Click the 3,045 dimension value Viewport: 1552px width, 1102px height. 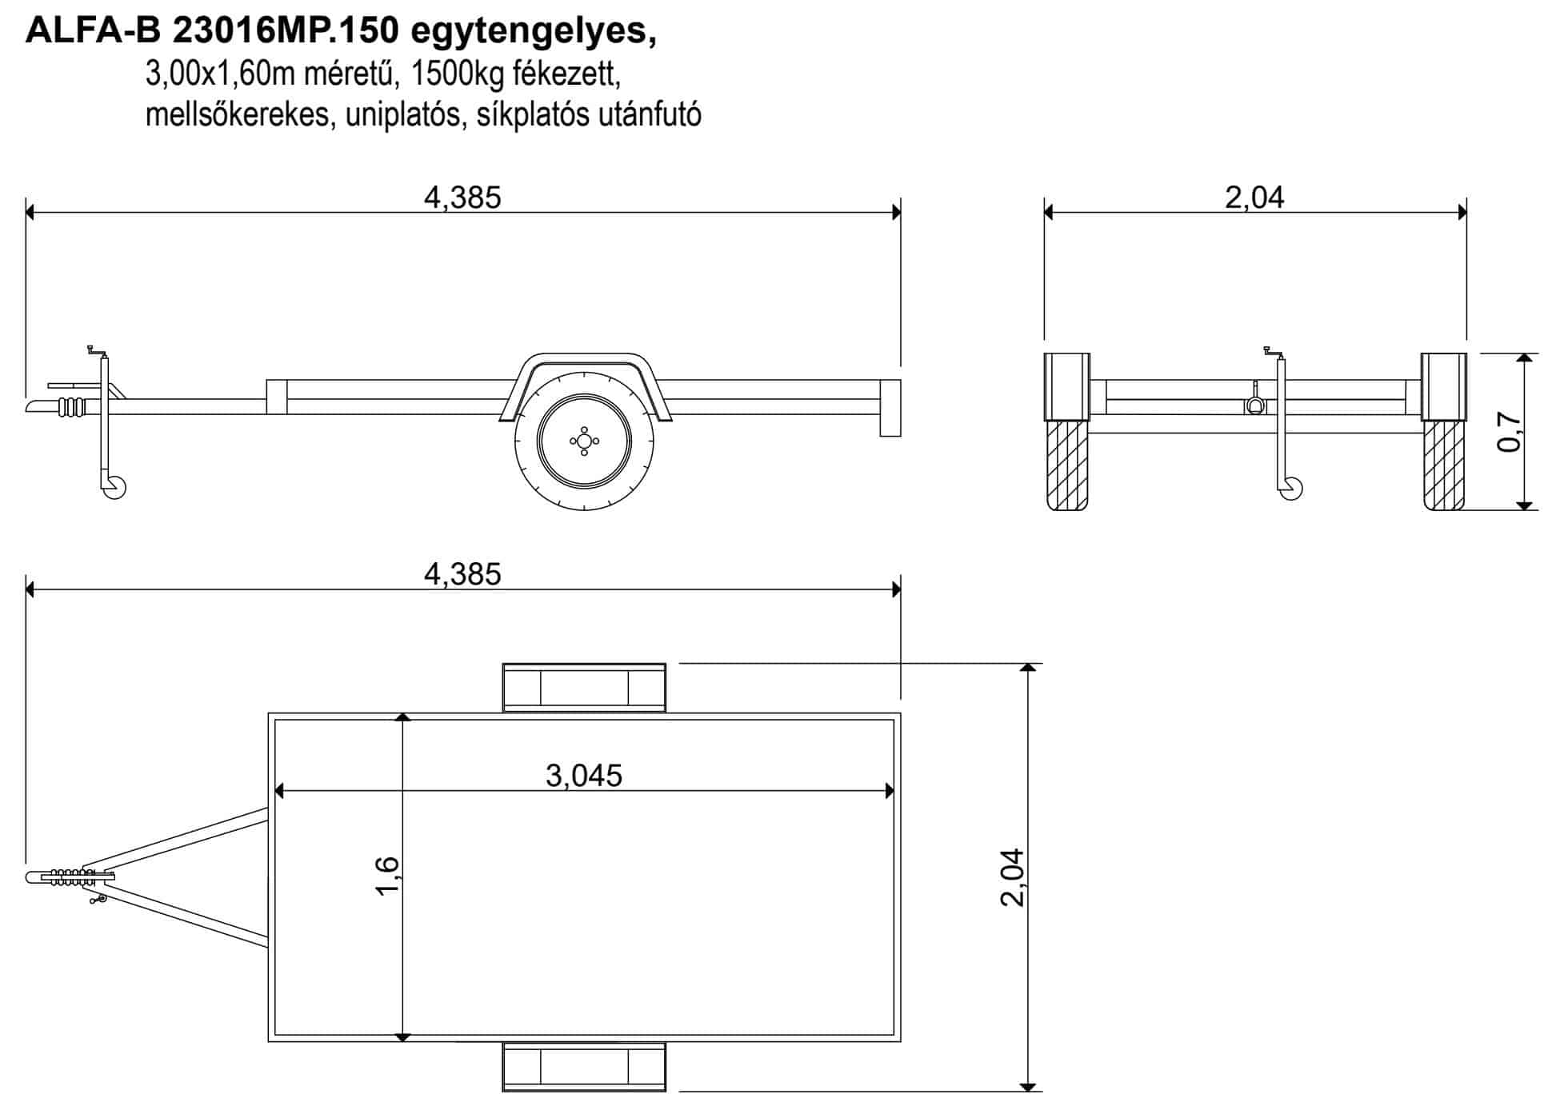(584, 775)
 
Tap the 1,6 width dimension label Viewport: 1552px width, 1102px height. (387, 876)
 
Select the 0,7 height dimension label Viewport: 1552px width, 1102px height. (1509, 432)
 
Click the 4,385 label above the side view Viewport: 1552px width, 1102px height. (462, 197)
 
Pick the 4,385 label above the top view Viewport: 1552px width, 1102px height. (462, 574)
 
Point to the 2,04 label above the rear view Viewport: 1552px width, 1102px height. (1254, 197)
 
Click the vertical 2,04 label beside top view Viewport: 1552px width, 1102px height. (1013, 876)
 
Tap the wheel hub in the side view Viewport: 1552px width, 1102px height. (584, 441)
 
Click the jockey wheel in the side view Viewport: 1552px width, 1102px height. (114, 487)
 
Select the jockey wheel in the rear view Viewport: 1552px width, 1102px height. (1290, 489)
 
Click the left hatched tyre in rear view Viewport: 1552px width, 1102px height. (1067, 465)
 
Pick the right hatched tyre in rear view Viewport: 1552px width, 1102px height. (1444, 465)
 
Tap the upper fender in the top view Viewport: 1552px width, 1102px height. (584, 687)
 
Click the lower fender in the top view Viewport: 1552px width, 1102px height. (584, 1067)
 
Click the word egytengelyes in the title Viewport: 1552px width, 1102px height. (533, 32)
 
